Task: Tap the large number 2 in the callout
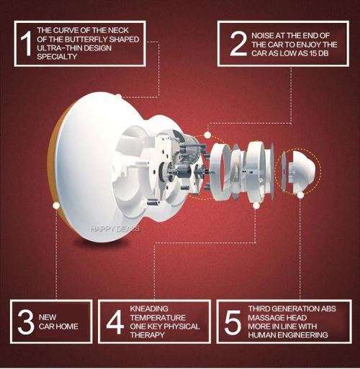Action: tap(237, 44)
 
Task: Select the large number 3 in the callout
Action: tap(26, 322)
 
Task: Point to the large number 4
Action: tap(114, 322)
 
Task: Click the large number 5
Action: tap(232, 323)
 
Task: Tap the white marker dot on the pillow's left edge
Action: tap(56, 205)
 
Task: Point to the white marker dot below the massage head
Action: tap(300, 194)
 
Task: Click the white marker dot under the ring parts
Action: tap(256, 205)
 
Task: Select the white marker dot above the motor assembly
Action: tap(207, 135)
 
